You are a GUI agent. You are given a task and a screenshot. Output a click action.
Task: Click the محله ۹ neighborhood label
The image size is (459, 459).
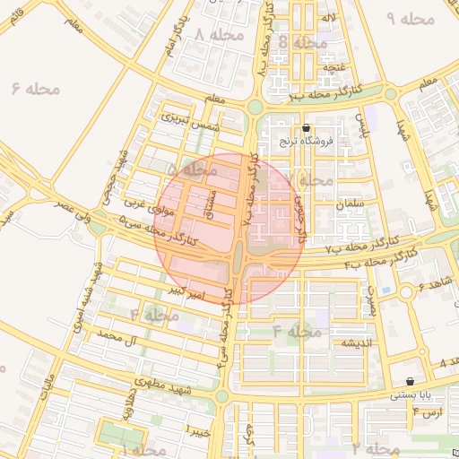pyautogui.click(x=411, y=18)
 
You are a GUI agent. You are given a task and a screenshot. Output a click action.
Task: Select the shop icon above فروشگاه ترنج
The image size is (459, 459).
pyautogui.click(x=307, y=128)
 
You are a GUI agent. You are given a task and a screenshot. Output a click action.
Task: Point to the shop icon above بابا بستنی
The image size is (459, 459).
pyautogui.click(x=410, y=381)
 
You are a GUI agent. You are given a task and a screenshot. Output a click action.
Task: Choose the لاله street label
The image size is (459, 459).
pyautogui.click(x=329, y=18)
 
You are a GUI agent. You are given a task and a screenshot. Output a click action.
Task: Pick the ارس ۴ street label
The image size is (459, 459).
pyautogui.click(x=429, y=411)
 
